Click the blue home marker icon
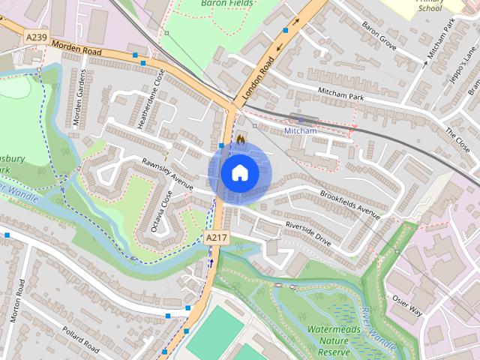click(239, 173)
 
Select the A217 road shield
click(216, 237)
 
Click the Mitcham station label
click(301, 130)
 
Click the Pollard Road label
click(81, 340)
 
